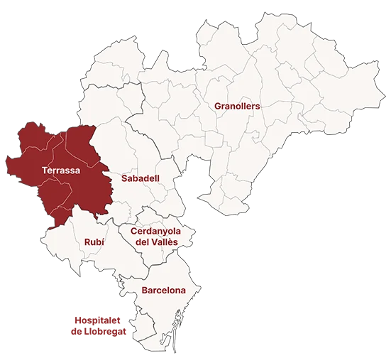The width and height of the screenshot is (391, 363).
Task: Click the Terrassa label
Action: tap(60, 170)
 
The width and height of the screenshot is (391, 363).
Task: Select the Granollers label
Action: tap(237, 106)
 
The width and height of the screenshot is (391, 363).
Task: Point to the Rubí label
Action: tap(94, 242)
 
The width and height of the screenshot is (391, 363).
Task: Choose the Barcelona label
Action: tap(163, 291)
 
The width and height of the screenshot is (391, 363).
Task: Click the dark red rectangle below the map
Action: tap(99, 324)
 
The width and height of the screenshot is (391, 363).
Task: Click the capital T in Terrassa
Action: tap(45, 170)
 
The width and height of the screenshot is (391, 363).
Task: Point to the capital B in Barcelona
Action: tap(145, 291)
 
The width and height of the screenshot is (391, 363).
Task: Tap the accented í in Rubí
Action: tap(103, 242)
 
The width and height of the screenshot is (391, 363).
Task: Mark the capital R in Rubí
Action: tap(87, 242)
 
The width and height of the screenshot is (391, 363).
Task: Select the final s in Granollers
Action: tap(258, 106)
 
